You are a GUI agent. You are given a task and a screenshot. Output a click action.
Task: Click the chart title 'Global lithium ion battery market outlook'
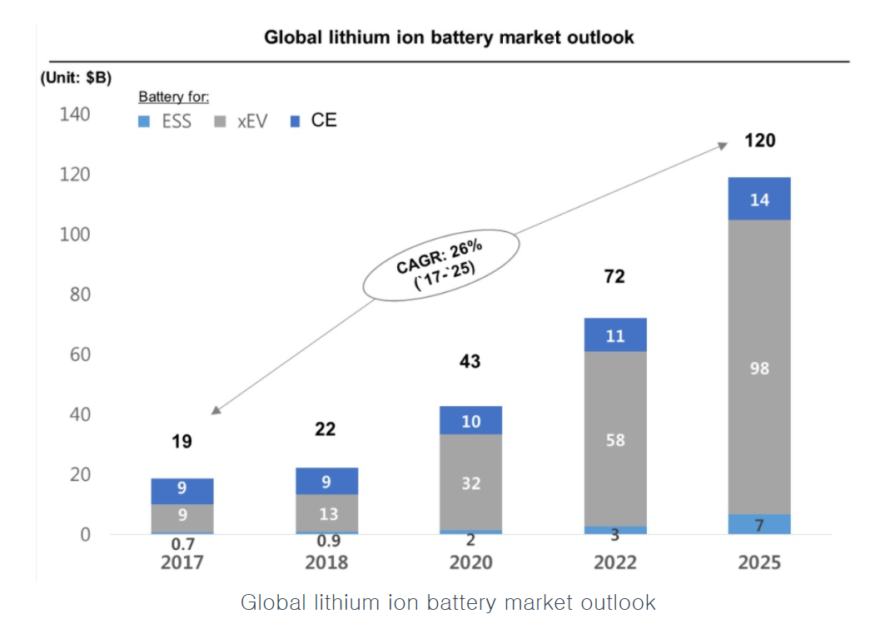pos(449,37)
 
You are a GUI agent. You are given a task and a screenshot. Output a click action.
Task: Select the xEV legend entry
pos(241,121)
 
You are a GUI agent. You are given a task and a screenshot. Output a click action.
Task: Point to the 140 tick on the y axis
pos(75,114)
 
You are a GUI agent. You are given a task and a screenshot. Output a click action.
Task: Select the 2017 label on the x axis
pos(181,562)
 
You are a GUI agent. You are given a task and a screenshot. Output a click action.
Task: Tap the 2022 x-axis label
pos(614,562)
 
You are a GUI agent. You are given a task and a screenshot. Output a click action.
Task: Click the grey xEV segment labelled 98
pos(758,367)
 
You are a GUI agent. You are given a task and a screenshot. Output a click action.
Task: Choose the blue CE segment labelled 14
pos(758,199)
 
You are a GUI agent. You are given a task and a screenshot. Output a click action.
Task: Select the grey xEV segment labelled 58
pos(614,438)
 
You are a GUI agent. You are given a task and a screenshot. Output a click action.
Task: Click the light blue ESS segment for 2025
pos(758,523)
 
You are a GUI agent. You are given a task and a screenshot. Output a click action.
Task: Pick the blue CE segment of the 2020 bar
pos(470,421)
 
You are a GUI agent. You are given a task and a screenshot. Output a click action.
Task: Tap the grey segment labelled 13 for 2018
pos(327,513)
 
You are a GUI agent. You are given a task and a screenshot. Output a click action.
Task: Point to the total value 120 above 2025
pos(759,141)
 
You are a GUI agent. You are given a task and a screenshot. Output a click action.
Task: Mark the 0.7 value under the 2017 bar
pos(181,544)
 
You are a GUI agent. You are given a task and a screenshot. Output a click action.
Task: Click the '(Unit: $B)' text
pos(75,77)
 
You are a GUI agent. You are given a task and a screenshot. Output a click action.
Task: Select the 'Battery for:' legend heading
pos(174,97)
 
